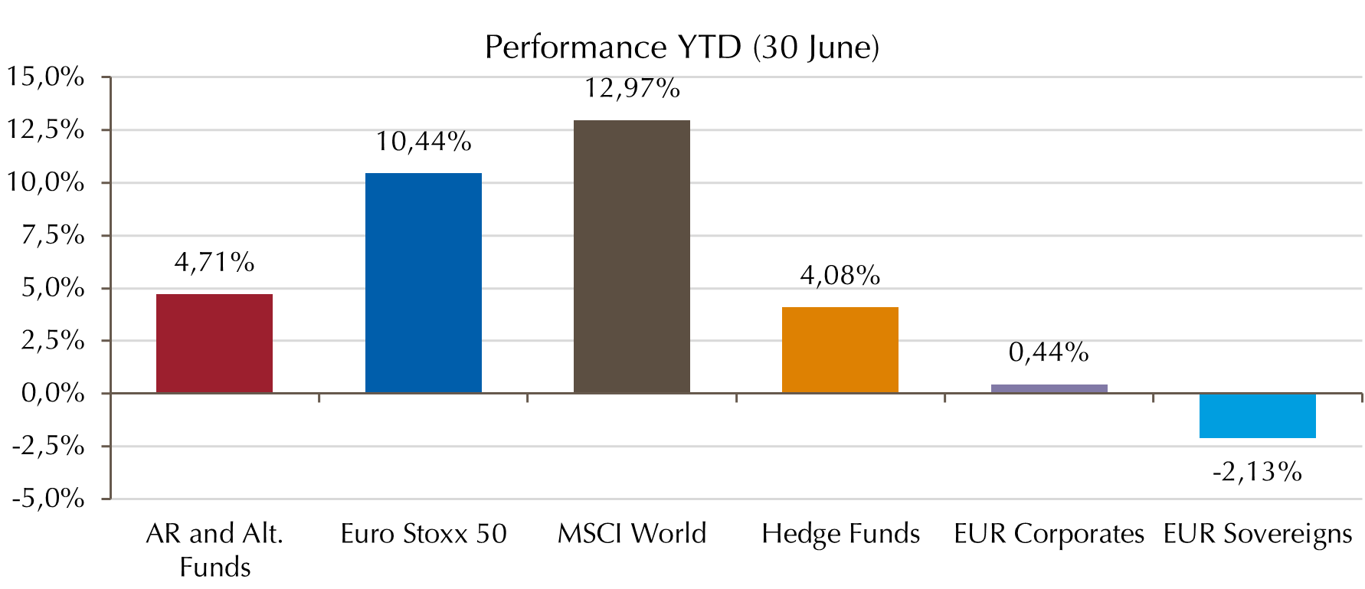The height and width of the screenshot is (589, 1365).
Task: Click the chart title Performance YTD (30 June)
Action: click(682, 47)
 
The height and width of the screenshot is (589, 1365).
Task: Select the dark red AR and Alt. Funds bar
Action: click(214, 343)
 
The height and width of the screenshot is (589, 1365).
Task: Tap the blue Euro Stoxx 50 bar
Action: click(424, 283)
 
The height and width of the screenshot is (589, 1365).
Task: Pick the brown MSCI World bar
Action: click(632, 257)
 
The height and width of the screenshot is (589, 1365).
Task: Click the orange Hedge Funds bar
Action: click(840, 350)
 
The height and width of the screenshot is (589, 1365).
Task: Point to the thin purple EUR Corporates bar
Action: click(1049, 388)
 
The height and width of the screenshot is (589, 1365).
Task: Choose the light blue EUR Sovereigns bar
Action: click(1257, 416)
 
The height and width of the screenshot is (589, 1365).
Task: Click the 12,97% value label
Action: click(632, 89)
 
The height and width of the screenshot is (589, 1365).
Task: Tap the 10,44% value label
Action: click(424, 142)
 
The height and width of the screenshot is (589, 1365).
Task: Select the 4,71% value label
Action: click(214, 263)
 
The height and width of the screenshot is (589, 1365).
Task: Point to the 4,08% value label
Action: click(840, 276)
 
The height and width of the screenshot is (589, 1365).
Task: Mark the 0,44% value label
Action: click(1049, 352)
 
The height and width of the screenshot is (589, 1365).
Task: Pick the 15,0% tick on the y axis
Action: click(46, 77)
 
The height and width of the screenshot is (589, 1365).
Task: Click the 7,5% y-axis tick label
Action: click(53, 235)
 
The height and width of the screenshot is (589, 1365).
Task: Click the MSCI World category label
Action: click(632, 534)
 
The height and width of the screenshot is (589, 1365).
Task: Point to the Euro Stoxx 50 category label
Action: click(424, 534)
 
